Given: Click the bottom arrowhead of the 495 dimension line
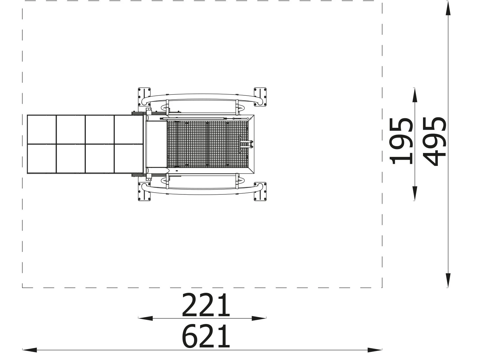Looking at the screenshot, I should point(448,280).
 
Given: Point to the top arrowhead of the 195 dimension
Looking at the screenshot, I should point(414,95).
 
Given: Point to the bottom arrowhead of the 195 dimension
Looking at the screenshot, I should point(414,193).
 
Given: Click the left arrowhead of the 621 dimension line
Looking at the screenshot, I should point(29,350).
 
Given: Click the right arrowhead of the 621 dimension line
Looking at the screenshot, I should point(375,350).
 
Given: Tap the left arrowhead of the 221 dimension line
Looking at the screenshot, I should point(145,318).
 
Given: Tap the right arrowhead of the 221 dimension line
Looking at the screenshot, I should point(259,318).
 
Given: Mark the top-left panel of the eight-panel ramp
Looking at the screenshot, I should point(42,129).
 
